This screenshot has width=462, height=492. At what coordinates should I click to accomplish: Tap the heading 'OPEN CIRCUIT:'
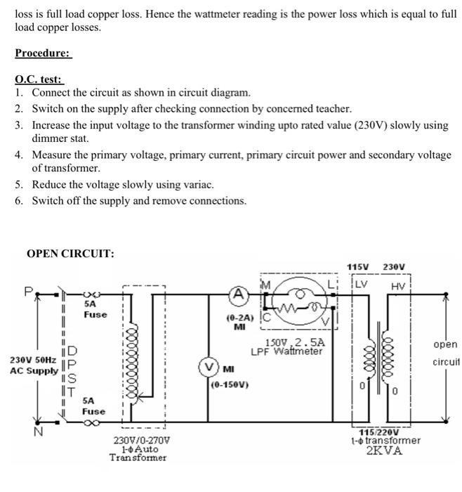[x=70, y=254]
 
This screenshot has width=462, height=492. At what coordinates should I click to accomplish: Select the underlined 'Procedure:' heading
[x=44, y=53]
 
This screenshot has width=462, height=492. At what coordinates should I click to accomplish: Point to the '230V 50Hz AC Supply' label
[x=33, y=364]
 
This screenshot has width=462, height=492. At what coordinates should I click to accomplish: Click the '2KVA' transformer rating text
[x=385, y=451]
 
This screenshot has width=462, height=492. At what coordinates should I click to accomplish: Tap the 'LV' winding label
[x=361, y=283]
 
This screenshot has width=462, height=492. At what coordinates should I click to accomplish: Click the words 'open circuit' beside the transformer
[x=445, y=354]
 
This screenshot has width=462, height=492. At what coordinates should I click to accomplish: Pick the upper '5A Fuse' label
[x=95, y=309]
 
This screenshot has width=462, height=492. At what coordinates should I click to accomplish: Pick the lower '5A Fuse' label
[x=93, y=406]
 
